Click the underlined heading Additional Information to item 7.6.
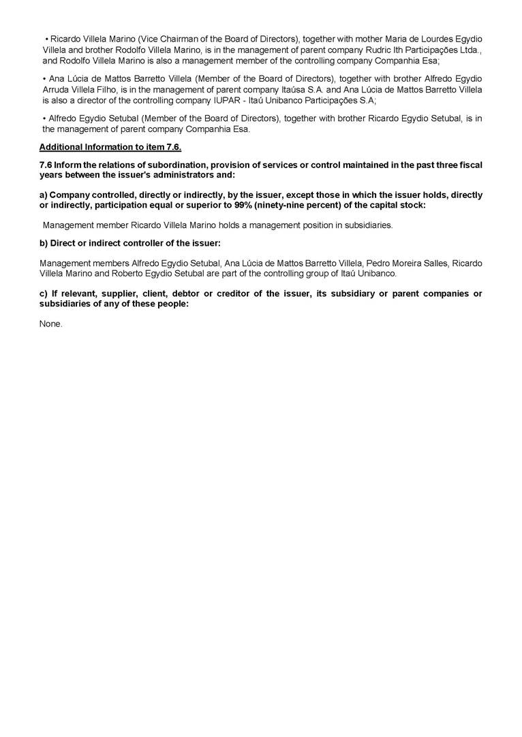point(110,147)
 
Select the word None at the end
point(51,324)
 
